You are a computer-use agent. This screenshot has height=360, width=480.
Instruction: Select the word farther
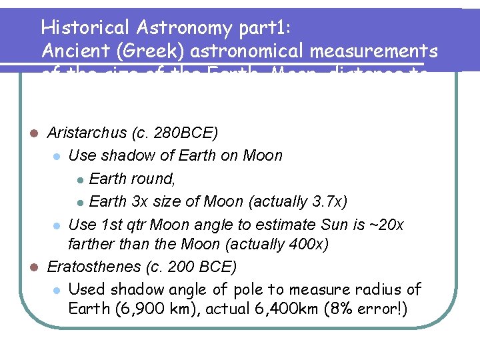point(90,244)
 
